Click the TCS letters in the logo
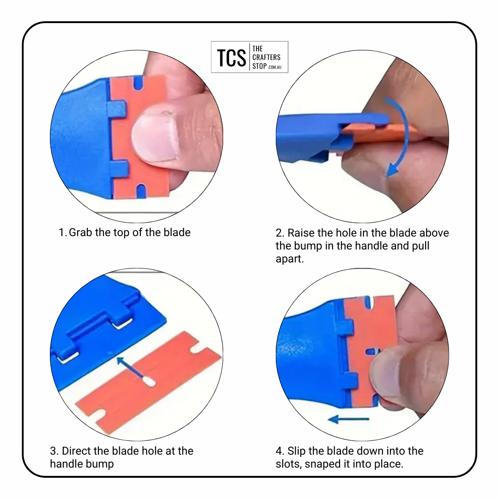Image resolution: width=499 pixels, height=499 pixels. click(231, 58)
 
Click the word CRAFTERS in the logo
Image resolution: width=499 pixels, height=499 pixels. click(267, 57)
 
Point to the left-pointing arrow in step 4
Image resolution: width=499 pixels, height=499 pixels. click(348, 419)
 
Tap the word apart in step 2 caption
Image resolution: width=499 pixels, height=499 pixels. click(290, 259)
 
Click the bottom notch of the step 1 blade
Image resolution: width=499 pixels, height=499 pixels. click(141, 191)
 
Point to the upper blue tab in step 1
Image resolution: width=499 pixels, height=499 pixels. click(117, 108)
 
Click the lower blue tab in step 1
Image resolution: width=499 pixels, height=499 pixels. click(119, 168)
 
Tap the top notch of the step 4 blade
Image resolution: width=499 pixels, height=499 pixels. click(369, 303)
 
